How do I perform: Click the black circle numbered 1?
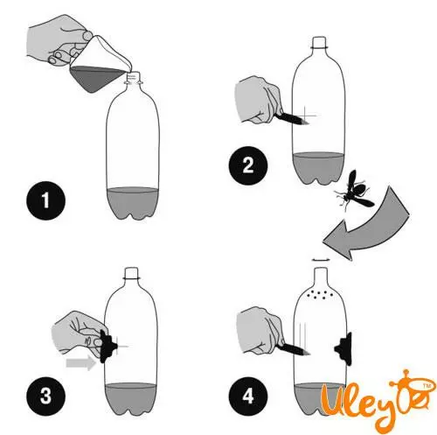tap(45, 200)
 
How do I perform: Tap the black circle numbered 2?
tap(248, 165)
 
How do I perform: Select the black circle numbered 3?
tap(45, 396)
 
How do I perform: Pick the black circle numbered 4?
tap(248, 396)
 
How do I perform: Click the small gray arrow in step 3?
tap(81, 363)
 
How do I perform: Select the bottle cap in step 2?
tap(319, 42)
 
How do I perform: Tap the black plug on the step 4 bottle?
tap(343, 348)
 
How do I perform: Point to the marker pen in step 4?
tap(294, 349)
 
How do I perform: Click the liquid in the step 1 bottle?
tap(133, 203)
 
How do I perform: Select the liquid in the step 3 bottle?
tap(130, 399)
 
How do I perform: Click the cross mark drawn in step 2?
tap(305, 116)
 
